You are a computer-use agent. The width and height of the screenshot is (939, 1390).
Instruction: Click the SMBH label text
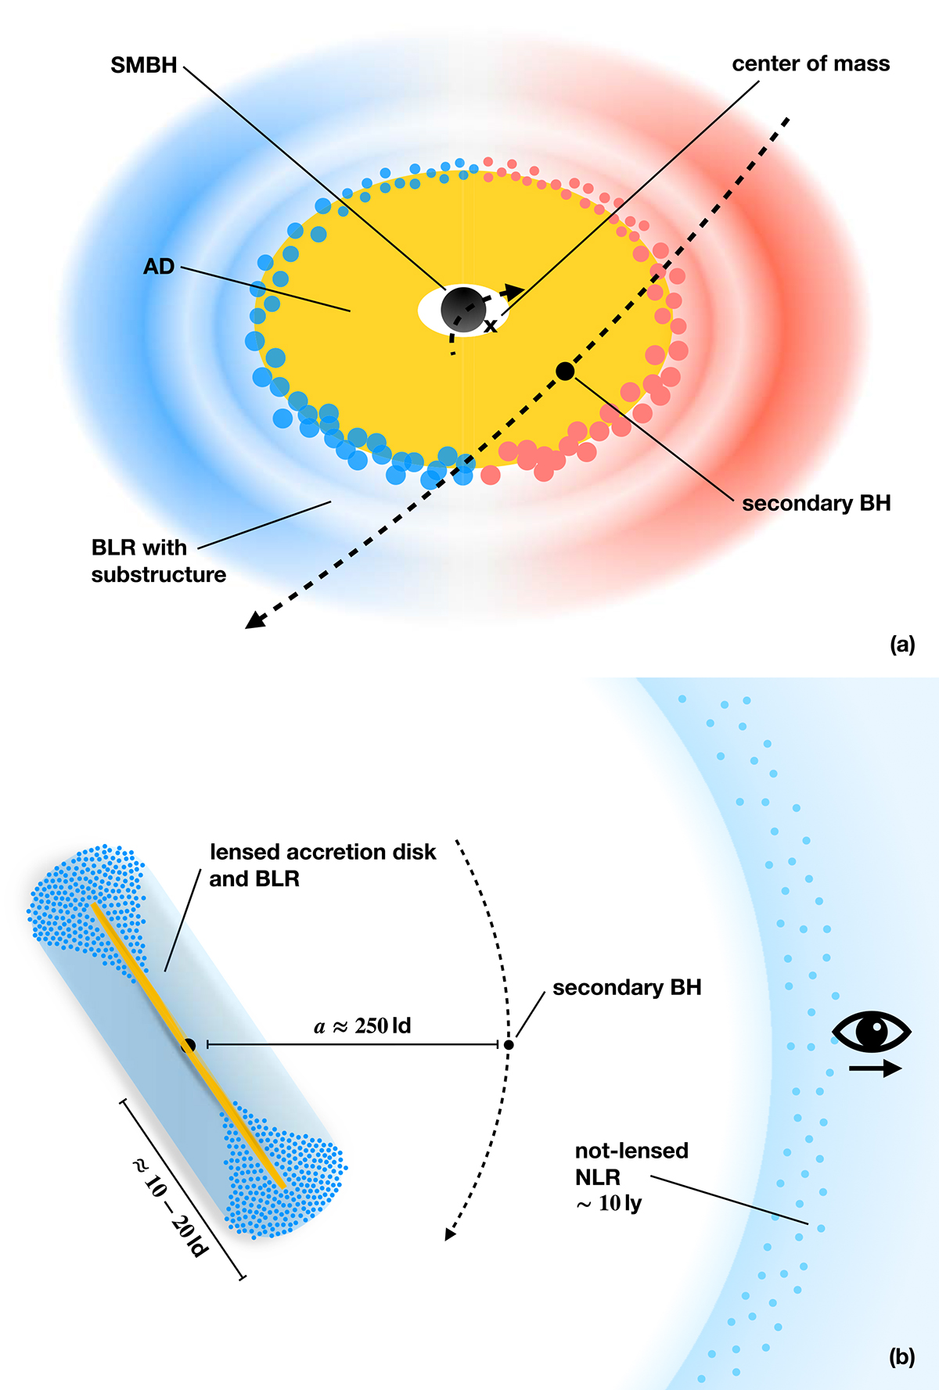[x=144, y=65]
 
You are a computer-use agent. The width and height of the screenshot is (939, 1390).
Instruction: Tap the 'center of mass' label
[x=811, y=64]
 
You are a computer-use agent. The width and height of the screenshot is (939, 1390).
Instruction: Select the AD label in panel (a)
[x=159, y=267]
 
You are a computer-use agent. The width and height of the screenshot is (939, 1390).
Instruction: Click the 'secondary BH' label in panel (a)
[x=816, y=504]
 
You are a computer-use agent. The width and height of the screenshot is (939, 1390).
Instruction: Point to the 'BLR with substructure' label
[x=158, y=561]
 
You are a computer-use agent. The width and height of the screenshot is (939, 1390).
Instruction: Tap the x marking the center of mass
[x=491, y=325]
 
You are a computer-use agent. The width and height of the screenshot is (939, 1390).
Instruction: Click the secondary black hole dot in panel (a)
[x=565, y=371]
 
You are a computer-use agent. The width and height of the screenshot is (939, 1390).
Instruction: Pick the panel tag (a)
[x=902, y=644]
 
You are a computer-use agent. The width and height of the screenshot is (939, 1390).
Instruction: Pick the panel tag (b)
[x=902, y=1357]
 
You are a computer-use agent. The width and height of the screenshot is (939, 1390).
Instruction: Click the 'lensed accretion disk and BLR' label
[x=322, y=865]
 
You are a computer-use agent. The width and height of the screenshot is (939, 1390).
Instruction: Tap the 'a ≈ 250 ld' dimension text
[x=362, y=1025]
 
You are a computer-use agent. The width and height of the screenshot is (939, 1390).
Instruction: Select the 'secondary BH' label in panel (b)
[x=627, y=988]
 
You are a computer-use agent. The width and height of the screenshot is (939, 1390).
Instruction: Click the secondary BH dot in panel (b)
[x=509, y=1044]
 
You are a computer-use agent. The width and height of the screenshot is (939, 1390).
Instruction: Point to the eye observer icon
[x=872, y=1032]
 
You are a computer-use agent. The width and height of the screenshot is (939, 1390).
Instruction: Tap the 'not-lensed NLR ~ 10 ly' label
[x=631, y=1176]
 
